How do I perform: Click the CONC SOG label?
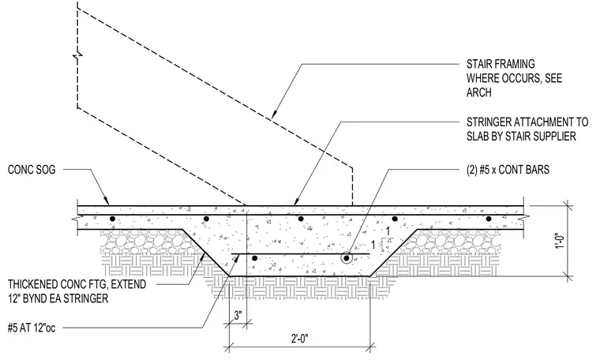point(32,170)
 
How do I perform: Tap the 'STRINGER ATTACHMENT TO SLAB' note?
point(527,129)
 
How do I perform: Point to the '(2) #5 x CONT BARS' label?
point(508,170)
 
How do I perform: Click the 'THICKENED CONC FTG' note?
point(77,291)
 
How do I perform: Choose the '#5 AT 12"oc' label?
point(32,328)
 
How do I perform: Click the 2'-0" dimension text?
point(299,339)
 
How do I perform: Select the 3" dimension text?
point(238,316)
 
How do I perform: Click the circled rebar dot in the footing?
point(347,258)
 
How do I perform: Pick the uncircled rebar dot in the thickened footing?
point(254,259)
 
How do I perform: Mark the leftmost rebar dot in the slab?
point(112,219)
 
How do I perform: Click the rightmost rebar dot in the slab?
point(489,219)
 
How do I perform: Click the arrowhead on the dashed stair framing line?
point(274,113)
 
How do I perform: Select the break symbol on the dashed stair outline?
point(77,57)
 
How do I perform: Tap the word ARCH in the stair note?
point(478,92)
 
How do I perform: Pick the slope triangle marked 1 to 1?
point(388,242)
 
